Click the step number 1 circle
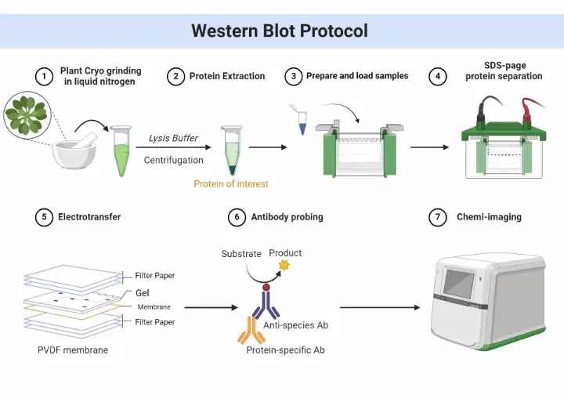[44, 76]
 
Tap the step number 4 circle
[438, 76]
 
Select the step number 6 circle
[237, 217]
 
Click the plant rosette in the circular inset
[27, 115]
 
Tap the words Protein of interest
[231, 184]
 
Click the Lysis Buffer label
[173, 138]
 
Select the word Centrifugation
[173, 160]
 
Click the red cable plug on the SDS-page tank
[526, 116]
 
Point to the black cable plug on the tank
[481, 115]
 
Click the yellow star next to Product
[284, 266]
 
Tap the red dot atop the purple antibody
[266, 287]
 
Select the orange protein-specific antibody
[251, 330]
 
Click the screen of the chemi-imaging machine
[458, 283]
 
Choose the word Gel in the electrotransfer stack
[142, 293]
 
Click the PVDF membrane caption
[73, 350]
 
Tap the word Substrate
[241, 254]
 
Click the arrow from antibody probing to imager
[380, 307]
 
